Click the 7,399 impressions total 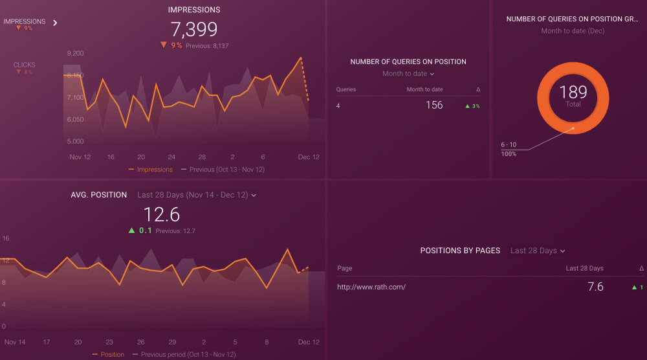(194, 29)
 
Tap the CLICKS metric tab (25, 65)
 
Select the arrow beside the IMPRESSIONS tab (55, 23)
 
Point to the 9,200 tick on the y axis (75, 53)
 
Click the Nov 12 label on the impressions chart (80, 157)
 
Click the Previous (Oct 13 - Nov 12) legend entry (223, 170)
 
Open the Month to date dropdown (408, 74)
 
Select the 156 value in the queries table (434, 105)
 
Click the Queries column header (346, 89)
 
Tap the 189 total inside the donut (573, 93)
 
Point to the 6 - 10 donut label (508, 144)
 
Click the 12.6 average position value (161, 214)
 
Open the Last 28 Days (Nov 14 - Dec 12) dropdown (197, 195)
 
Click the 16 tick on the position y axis (6, 238)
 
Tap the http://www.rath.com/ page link (371, 287)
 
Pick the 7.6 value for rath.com (595, 287)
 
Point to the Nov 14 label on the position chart (15, 342)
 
